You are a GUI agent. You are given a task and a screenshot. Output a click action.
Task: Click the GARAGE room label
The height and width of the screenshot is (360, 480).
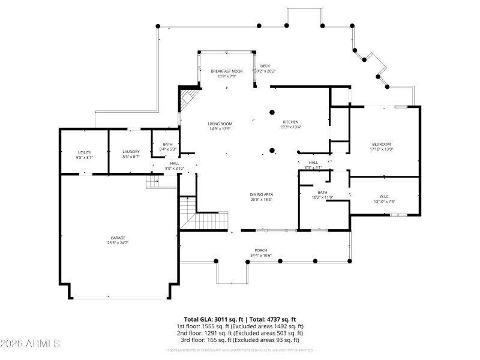(118, 238)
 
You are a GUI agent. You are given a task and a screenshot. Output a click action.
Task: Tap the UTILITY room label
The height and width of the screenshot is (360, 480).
(84, 152)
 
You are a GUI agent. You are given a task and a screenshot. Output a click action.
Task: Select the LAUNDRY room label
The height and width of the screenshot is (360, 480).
(131, 152)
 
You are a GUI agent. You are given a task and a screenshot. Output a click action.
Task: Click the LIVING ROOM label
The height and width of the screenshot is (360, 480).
(220, 124)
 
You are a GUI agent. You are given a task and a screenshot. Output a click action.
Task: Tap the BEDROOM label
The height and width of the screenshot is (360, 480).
(381, 144)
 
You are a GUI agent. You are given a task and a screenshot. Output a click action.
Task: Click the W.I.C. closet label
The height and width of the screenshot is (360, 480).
(385, 196)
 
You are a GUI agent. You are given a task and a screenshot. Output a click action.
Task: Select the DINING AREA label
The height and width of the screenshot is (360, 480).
(262, 194)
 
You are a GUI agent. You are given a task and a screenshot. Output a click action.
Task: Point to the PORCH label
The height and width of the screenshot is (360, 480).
(261, 250)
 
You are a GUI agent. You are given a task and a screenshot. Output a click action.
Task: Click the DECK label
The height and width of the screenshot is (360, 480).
(265, 66)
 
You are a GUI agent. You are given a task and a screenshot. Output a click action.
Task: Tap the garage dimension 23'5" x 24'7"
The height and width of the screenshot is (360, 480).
(118, 243)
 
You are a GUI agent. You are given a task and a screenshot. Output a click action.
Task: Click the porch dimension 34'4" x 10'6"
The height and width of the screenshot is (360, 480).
(261, 256)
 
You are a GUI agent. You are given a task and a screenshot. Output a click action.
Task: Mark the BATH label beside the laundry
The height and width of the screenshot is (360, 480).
(167, 144)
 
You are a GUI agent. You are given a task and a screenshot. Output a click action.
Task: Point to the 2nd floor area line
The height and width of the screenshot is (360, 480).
(240, 333)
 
